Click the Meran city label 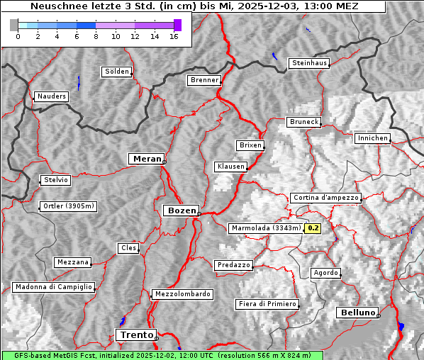pyautogui.click(x=145, y=159)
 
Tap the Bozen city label pyautogui.click(x=181, y=210)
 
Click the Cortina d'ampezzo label pyautogui.click(x=325, y=198)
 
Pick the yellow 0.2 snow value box pyautogui.click(x=313, y=228)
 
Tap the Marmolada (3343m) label pyautogui.click(x=266, y=228)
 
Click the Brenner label pyautogui.click(x=204, y=80)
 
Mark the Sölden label pyautogui.click(x=117, y=72)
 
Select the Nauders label pyautogui.click(x=51, y=96)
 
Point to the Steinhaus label pyautogui.click(x=310, y=63)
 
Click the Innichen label pyautogui.click(x=372, y=138)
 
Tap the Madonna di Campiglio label pyautogui.click(x=53, y=287)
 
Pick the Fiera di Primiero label pyautogui.click(x=267, y=304)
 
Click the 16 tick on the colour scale pyautogui.click(x=174, y=36)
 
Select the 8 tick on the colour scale pyautogui.click(x=96, y=36)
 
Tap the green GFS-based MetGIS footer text pyautogui.click(x=163, y=355)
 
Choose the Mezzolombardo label pyautogui.click(x=182, y=293)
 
